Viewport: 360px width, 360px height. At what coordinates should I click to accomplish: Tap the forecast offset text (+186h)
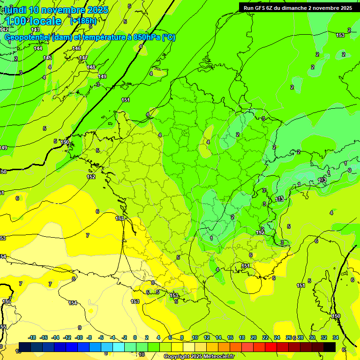click(x=83, y=21)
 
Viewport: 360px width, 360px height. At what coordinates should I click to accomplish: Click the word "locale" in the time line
click(x=45, y=21)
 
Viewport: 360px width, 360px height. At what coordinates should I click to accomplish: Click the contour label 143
click(x=35, y=30)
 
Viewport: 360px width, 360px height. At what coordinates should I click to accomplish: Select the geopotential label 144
click(x=38, y=48)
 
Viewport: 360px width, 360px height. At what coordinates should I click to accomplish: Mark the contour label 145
click(x=47, y=58)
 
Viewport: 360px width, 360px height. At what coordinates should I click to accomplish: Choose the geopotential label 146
click(x=76, y=49)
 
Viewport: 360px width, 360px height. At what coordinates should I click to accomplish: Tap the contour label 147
click(x=83, y=58)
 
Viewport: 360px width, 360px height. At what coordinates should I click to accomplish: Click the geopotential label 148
click(x=91, y=67)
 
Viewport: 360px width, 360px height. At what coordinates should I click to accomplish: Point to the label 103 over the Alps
click(x=322, y=180)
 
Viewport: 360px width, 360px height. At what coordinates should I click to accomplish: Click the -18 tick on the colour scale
click(x=32, y=337)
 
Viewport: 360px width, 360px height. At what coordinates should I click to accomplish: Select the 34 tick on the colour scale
click(x=336, y=337)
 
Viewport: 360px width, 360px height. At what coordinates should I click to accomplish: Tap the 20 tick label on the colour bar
click(x=254, y=337)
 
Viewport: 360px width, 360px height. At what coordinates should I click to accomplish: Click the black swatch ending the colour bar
click(x=330, y=347)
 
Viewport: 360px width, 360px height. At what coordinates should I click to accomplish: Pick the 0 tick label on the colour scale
click(x=135, y=337)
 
